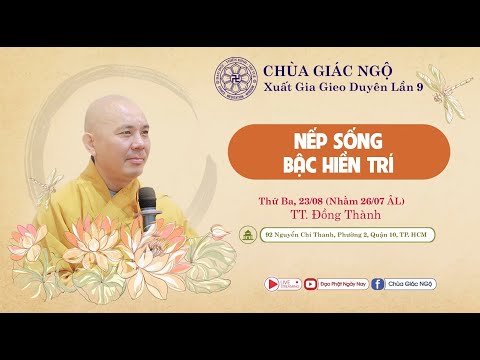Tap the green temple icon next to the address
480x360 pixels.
246,235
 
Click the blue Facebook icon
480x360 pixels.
379,283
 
